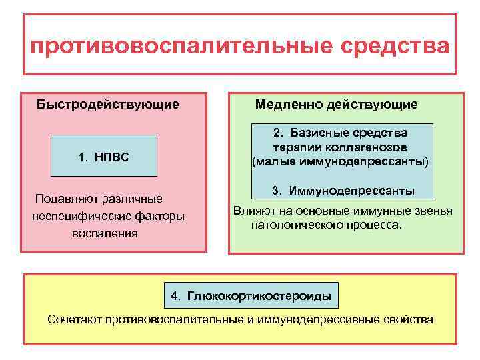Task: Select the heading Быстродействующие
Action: (x=107, y=104)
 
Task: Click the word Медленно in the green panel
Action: (x=287, y=104)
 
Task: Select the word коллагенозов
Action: (x=376, y=147)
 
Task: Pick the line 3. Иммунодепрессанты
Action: (x=342, y=191)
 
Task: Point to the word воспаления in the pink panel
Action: (x=105, y=233)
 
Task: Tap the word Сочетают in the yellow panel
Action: (x=73, y=319)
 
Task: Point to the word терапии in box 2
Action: (x=292, y=147)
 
